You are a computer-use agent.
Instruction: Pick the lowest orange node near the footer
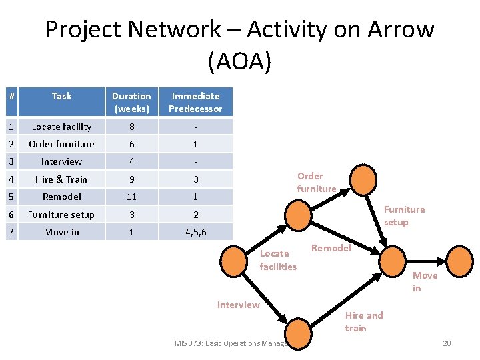[298, 331]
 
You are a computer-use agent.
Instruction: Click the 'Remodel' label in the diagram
[331, 248]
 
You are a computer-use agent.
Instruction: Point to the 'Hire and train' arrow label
[364, 321]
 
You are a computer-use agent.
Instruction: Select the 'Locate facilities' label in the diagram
[278, 260]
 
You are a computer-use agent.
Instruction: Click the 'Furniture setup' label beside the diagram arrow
[404, 215]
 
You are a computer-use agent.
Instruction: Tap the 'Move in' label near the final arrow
[425, 281]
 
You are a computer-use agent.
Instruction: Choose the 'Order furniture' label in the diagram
[316, 182]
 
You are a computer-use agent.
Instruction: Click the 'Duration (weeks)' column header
[131, 102]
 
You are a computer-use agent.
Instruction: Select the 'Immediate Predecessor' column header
[195, 102]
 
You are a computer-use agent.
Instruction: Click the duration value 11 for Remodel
[131, 197]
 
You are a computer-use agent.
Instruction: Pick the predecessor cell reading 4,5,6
[195, 232]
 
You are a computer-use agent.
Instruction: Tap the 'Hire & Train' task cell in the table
[61, 179]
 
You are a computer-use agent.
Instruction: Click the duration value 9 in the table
[131, 179]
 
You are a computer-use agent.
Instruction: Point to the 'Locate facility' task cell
[61, 127]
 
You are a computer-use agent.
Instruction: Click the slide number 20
[447, 343]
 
